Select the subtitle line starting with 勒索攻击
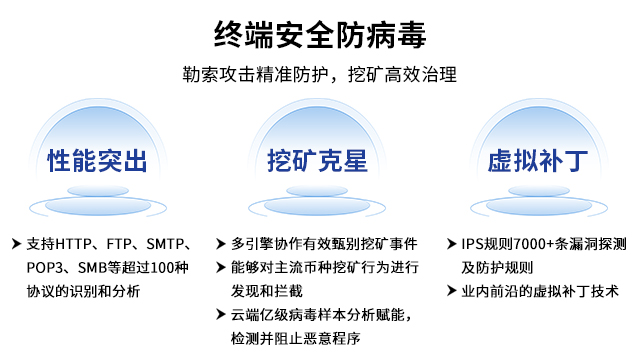pos(320,75)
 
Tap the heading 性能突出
pos(97,160)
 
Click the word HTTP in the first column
pos(75,244)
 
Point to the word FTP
pos(120,244)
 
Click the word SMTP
pos(165,244)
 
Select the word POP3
pos(43,268)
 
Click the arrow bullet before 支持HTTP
pos(15,244)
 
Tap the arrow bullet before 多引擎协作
pos(220,244)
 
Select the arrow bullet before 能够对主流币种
pos(220,268)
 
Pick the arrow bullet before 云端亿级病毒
pos(220,315)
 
